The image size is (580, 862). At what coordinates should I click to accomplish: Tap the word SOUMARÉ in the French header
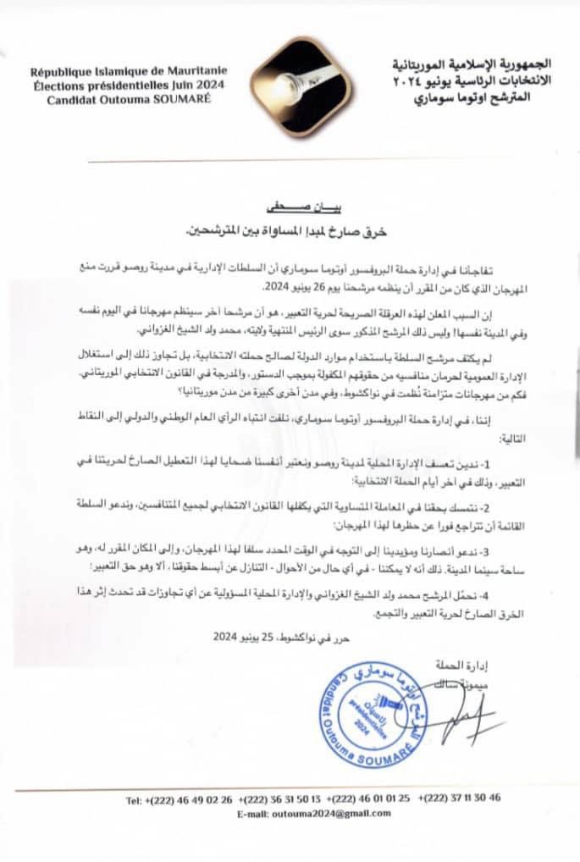[x=180, y=98]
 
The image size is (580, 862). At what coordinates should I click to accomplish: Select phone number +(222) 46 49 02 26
[x=175, y=798]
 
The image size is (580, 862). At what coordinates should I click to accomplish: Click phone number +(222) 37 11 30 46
[x=462, y=798]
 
